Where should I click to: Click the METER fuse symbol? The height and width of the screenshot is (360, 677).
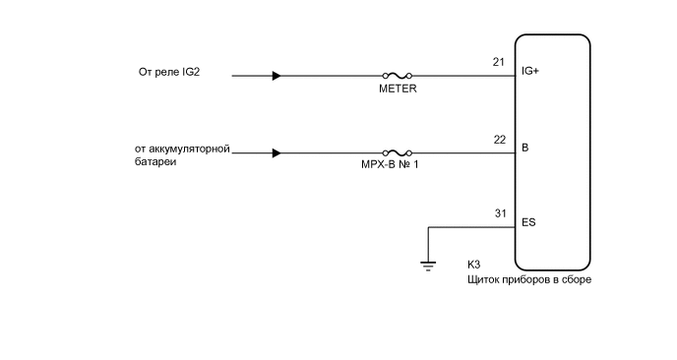coord(396,75)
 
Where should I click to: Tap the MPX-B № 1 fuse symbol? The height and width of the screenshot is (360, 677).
coord(396,152)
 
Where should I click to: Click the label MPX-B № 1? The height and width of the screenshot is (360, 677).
coord(397,166)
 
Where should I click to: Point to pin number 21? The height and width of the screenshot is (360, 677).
coord(499,62)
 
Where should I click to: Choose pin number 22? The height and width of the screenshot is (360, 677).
coord(499,140)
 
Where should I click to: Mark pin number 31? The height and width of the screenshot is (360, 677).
coord(499,213)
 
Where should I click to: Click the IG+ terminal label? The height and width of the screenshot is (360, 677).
coord(529,72)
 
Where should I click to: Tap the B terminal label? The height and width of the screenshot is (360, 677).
coord(524,149)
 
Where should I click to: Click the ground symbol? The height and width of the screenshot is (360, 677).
coord(428,263)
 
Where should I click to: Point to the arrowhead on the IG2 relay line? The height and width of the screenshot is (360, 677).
coord(277,75)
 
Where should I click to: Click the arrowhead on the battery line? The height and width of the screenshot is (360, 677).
coord(277,152)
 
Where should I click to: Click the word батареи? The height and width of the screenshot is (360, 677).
coord(155,161)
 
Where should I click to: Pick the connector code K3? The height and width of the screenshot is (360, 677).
coord(473,266)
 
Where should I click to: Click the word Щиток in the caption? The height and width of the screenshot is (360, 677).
coord(484,279)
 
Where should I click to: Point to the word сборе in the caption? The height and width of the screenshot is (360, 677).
coord(578,279)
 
